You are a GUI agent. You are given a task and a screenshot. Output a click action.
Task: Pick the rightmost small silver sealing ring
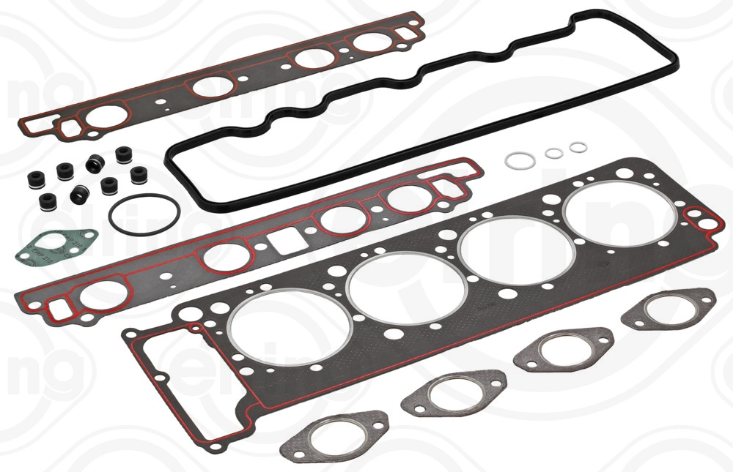click(x=578, y=148)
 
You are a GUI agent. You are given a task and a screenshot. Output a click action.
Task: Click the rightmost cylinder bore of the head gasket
click(x=621, y=213)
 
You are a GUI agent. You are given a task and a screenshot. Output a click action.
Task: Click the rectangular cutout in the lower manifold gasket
click(x=281, y=239)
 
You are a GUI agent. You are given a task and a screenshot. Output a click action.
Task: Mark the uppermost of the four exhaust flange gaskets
click(x=668, y=308)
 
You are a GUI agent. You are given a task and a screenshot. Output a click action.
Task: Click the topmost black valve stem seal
click(x=122, y=155)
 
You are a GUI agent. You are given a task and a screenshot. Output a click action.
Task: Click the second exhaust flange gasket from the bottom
click(x=454, y=393)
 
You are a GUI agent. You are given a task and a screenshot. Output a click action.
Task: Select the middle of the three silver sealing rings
click(x=553, y=153)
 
